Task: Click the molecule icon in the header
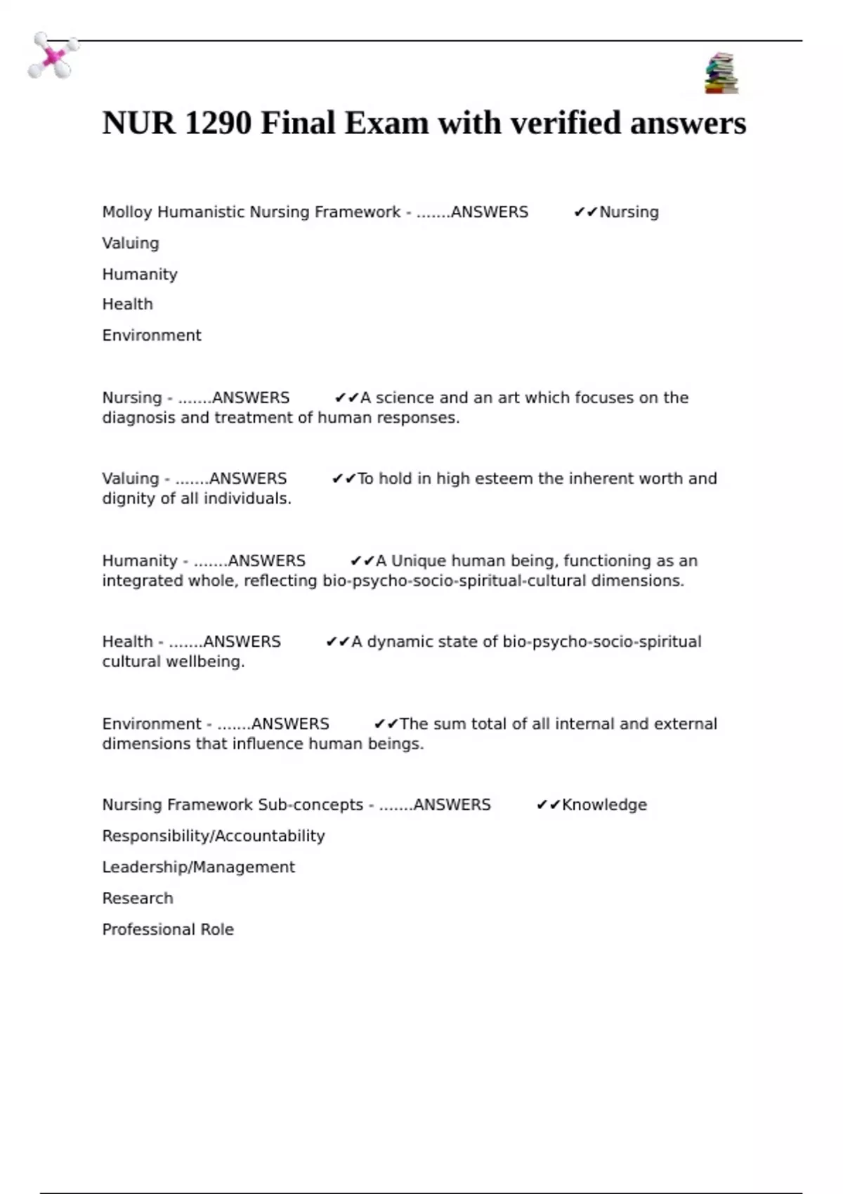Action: [x=53, y=55]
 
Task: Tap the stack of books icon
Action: [x=721, y=73]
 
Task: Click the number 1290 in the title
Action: [x=218, y=124]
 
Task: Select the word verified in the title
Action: [x=566, y=124]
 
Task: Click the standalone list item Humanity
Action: [x=140, y=274]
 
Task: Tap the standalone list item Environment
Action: [x=152, y=336]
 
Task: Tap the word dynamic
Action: [x=398, y=642]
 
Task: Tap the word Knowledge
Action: [x=604, y=805]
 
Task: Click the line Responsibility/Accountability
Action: [x=214, y=836]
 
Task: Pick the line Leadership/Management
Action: [x=199, y=867]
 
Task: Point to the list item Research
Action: [x=138, y=898]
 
